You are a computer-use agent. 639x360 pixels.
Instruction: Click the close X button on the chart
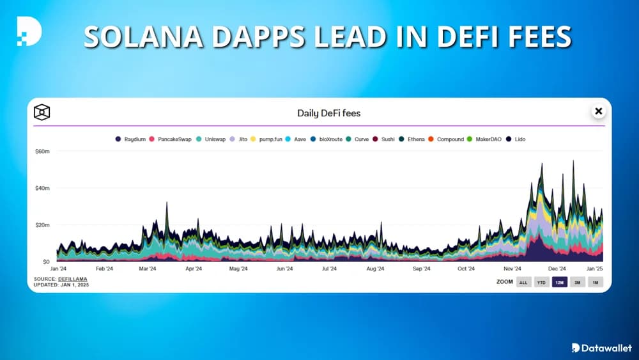coord(598,111)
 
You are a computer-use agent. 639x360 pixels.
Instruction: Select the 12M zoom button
coord(559,282)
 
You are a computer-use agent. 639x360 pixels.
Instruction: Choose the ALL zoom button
coord(523,282)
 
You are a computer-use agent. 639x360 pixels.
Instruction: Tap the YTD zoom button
coord(541,282)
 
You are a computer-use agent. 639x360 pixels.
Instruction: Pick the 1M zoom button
coord(595,282)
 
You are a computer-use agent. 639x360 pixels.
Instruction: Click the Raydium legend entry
coord(131,139)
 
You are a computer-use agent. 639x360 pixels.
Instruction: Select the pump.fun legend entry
coord(268,139)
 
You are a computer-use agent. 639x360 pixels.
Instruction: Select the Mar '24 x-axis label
coord(148,269)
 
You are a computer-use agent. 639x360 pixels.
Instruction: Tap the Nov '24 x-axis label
coord(512,269)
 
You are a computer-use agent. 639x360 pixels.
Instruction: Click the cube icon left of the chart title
coord(42,113)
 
